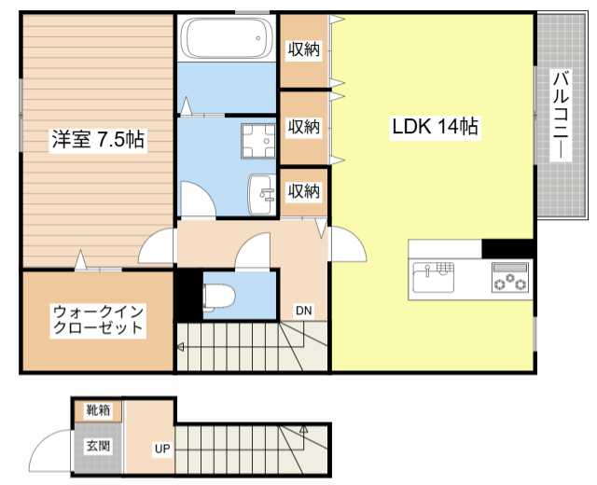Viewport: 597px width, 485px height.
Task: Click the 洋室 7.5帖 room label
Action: coord(97,140)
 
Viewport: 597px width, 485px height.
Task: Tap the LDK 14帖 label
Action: coord(434,127)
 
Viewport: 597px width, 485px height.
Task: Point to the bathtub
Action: coord(227,38)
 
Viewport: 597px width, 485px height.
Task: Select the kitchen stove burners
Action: coord(510,277)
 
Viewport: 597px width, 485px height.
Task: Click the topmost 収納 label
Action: coord(303,49)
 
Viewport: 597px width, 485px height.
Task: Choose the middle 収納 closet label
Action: coord(303,126)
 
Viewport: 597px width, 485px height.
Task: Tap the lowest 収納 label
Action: coord(303,191)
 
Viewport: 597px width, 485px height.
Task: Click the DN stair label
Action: coord(304,311)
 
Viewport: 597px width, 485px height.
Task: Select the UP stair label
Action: coord(162,449)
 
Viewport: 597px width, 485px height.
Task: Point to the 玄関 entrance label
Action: coord(98,446)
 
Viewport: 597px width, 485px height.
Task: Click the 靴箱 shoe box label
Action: coord(98,410)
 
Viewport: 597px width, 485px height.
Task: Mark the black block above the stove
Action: coord(507,249)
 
